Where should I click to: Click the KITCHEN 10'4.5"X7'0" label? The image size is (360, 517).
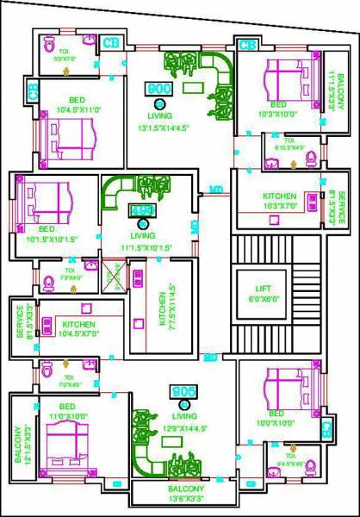78,330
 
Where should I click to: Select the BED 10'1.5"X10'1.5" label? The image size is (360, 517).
46,234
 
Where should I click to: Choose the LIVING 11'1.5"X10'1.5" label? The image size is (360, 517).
142,240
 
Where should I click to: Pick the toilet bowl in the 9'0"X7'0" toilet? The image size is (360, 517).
49,45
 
